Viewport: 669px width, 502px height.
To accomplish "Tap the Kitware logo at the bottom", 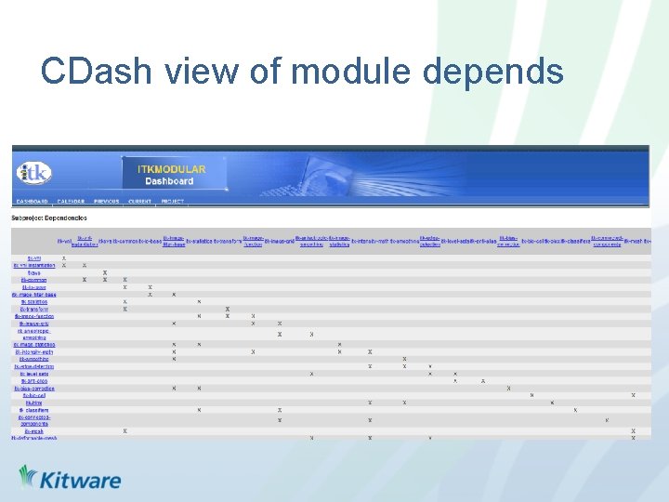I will coord(70,479).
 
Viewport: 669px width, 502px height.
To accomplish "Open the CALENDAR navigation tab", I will coord(71,201).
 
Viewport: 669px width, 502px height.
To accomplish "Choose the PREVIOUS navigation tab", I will coord(106,201).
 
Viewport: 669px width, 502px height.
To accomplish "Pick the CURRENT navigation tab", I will coord(140,201).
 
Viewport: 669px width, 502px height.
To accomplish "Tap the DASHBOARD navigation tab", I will coord(32,201).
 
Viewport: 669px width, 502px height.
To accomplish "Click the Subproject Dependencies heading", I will coord(46,218).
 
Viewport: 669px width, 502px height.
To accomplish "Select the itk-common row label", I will coord(34,280).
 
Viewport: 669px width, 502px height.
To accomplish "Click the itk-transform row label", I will coord(34,309).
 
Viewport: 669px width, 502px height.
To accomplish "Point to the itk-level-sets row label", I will coord(34,374).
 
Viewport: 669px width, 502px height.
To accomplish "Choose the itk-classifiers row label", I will coord(34,410).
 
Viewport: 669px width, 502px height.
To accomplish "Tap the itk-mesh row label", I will coord(34,431).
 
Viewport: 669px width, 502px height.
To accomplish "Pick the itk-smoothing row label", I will coord(34,359).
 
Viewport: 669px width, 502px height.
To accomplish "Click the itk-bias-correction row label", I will coord(34,389).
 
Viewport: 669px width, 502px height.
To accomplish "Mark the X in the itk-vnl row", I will coord(63,258).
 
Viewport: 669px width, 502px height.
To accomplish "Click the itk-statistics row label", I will coord(34,301).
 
